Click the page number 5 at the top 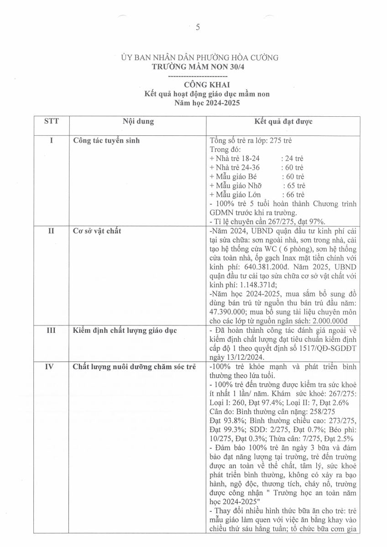198,27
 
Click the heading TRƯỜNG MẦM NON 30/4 199,67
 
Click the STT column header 51,122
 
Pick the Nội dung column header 138,122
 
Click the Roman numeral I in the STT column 51,141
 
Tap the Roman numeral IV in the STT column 51,367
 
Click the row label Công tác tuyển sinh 106,141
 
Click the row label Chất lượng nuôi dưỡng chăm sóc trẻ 134,367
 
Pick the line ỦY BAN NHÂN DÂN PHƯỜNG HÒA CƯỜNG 199,58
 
